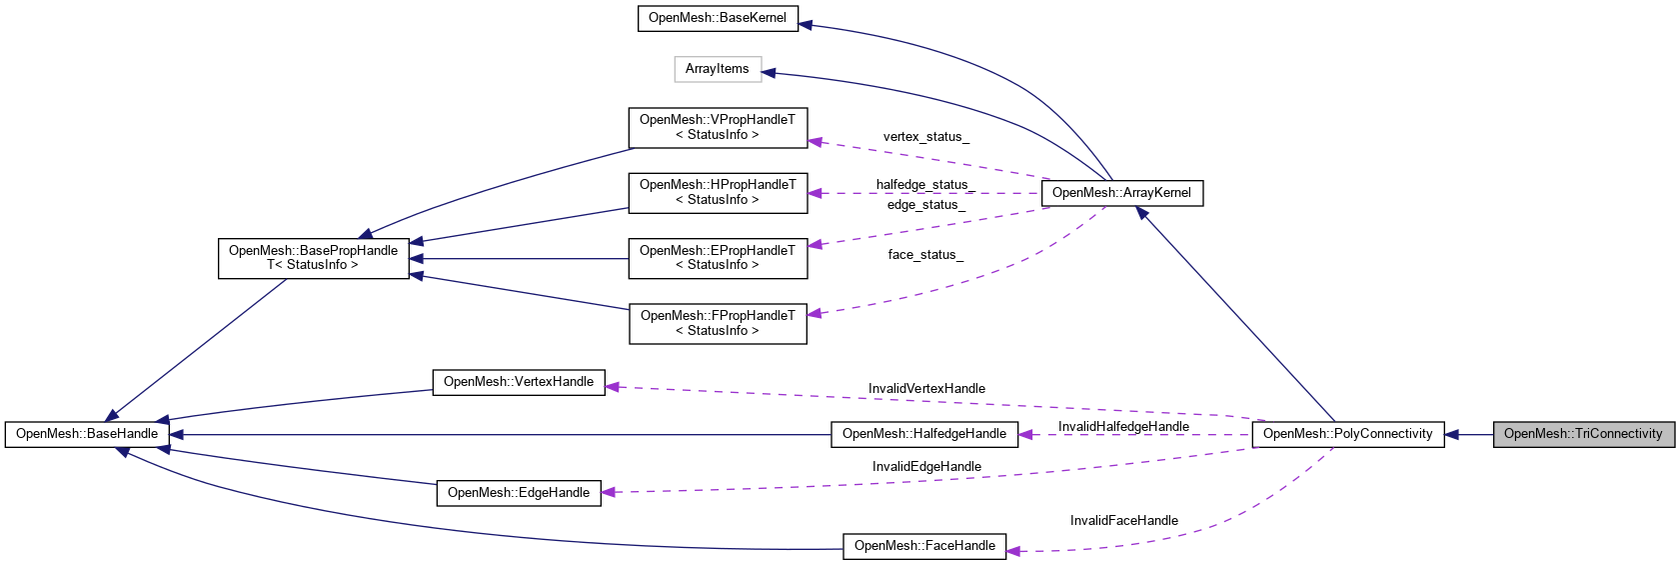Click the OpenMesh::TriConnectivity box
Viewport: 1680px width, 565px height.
tap(1583, 434)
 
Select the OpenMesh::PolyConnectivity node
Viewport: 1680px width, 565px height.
tap(1347, 434)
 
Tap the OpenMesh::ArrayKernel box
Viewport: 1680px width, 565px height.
tap(1121, 193)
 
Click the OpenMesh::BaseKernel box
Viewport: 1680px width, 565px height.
tap(718, 18)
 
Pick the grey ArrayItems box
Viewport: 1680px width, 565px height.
tap(717, 69)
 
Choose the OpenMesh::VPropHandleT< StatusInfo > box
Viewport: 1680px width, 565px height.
tap(718, 127)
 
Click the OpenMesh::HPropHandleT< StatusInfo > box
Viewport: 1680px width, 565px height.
tap(718, 192)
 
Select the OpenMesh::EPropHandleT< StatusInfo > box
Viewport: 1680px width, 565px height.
tap(718, 258)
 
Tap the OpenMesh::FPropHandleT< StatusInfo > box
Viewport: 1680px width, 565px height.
tap(718, 323)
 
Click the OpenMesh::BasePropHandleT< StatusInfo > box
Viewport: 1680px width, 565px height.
tap(313, 258)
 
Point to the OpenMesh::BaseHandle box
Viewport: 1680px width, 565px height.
tap(87, 434)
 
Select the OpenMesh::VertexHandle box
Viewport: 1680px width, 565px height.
tap(518, 382)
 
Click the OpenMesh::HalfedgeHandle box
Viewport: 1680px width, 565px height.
tap(923, 434)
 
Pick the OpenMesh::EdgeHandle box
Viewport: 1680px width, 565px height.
tap(518, 493)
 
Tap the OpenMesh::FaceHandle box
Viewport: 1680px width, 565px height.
tap(924, 546)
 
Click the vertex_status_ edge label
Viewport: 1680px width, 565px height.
tap(925, 137)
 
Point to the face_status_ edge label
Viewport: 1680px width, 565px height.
tap(925, 255)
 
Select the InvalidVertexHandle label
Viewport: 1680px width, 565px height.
tap(926, 389)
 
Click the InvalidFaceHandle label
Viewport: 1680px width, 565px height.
tap(1123, 521)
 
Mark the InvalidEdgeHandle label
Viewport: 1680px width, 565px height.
tap(926, 467)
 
